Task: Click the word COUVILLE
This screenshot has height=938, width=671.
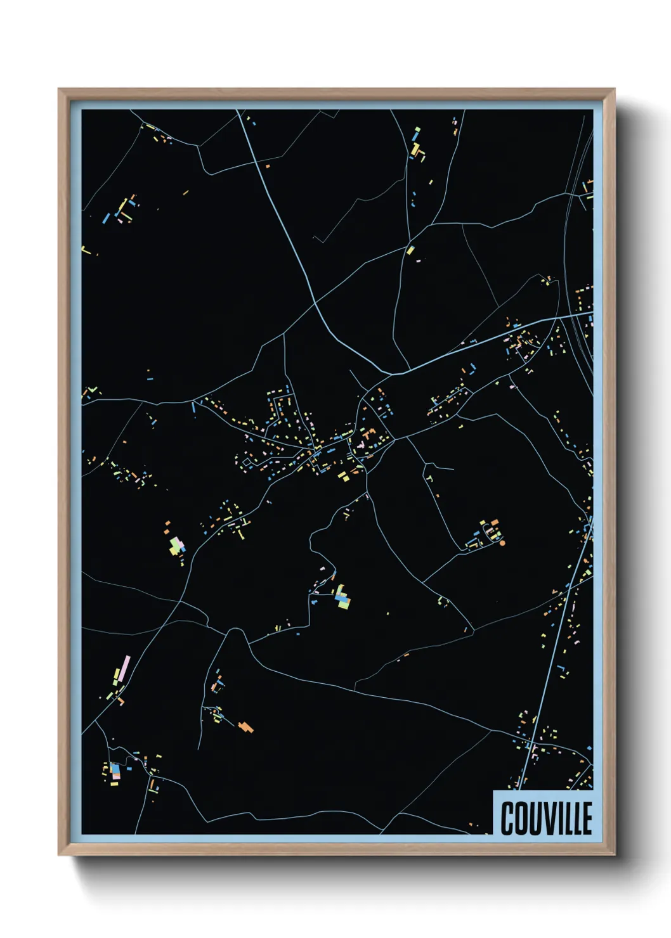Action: point(546,818)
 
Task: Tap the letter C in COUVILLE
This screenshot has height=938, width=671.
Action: point(507,818)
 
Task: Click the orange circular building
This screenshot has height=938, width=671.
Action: point(502,543)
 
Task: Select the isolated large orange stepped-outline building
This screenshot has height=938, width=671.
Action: point(246,726)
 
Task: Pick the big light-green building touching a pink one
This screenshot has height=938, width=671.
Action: point(174,545)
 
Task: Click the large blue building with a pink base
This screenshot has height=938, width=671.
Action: point(115,770)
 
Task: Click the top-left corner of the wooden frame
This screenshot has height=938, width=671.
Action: point(59,90)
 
